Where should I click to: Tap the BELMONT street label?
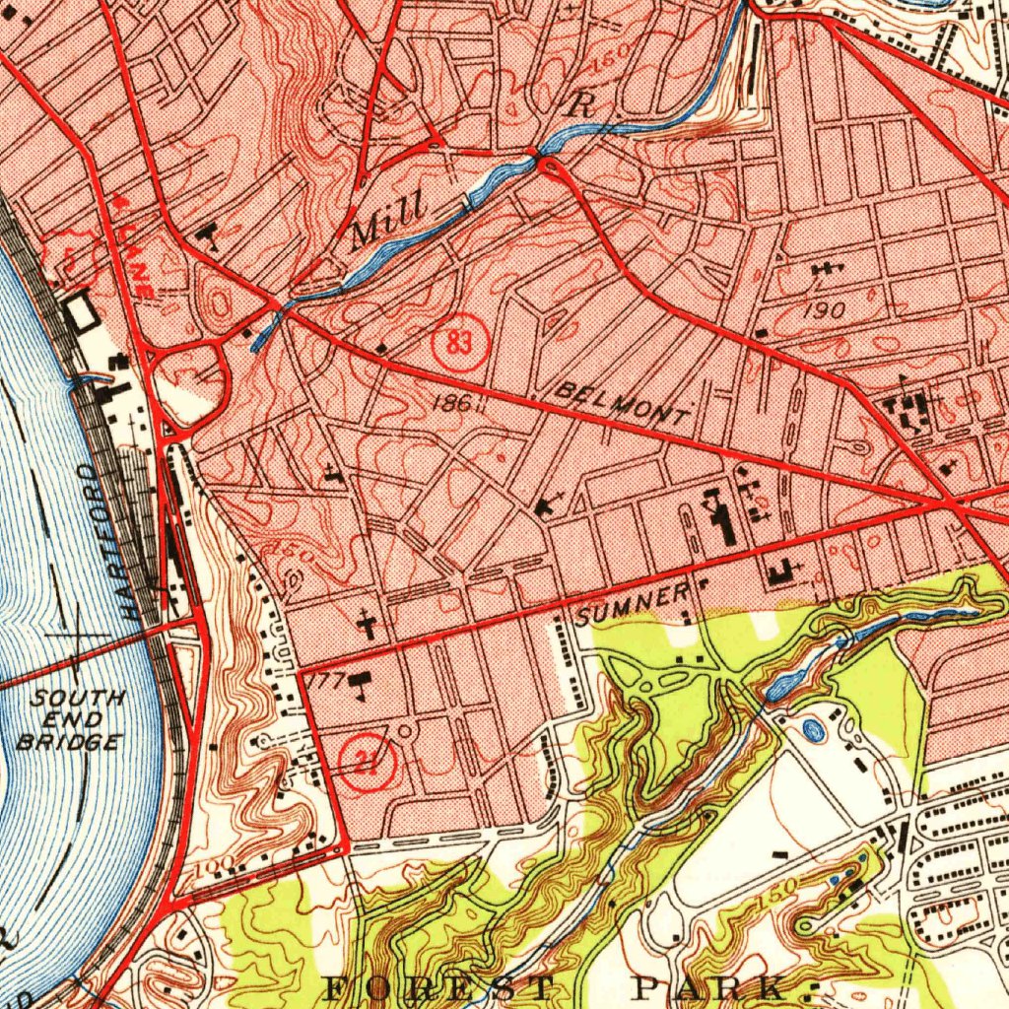(623, 403)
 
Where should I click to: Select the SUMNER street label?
(634, 604)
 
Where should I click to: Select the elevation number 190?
(823, 309)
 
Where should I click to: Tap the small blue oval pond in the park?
(813, 730)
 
